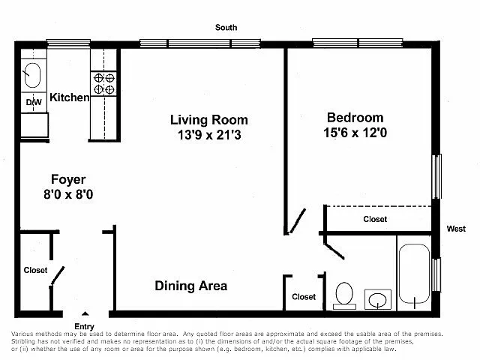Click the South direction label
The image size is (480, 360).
coord(226,28)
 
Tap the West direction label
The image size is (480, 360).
coord(456,229)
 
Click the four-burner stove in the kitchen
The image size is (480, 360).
coord(103,83)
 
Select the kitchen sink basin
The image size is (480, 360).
coord(32,75)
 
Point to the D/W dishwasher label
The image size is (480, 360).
coord(34,102)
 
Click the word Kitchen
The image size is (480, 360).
coord(70,97)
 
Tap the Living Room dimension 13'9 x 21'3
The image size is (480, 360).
coord(209,135)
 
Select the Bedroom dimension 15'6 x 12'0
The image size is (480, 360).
coord(355,133)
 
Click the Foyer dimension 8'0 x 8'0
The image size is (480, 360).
coord(68,194)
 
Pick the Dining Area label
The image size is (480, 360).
coord(191,286)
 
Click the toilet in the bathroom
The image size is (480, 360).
coord(344,295)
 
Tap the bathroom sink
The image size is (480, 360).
coord(378,299)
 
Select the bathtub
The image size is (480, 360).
coord(414,274)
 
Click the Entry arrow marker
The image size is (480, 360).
coord(85,313)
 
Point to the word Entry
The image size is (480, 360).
coord(84,326)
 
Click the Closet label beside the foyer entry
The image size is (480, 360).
coord(35,270)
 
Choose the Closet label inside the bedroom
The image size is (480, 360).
coord(375,219)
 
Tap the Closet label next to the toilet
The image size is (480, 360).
coord(304,297)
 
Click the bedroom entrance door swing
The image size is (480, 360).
coord(297,221)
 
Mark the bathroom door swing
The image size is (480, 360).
coord(334,251)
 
